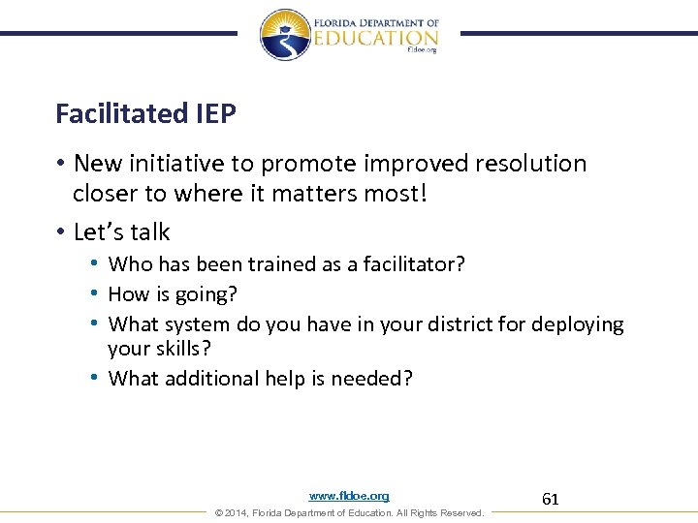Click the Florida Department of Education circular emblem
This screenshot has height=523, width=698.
click(285, 35)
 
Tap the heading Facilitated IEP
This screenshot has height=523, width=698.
click(145, 114)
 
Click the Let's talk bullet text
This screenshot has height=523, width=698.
click(121, 232)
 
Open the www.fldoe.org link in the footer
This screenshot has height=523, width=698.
click(349, 496)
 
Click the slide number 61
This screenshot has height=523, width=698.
click(551, 500)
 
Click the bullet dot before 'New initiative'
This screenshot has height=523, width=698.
click(60, 165)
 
